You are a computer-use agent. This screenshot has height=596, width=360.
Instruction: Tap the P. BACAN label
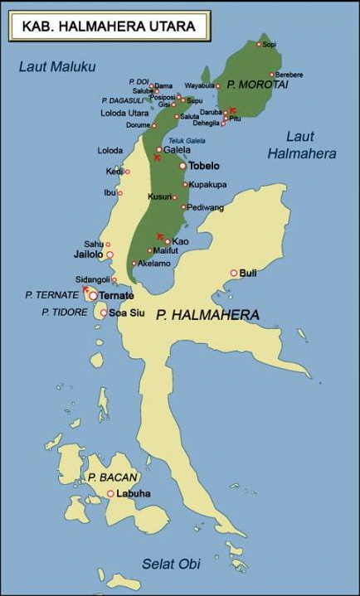[113, 477]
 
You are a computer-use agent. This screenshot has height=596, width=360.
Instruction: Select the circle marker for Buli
[234, 273]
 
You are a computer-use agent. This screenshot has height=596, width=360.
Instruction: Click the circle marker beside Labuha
[109, 494]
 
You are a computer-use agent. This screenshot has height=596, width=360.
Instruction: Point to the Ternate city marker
[94, 295]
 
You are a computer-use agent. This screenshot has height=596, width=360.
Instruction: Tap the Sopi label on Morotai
[269, 45]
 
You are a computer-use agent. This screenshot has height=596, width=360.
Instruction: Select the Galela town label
[177, 150]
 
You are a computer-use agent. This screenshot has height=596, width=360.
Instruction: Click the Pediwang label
[203, 207]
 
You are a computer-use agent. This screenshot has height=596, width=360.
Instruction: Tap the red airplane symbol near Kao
[160, 235]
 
